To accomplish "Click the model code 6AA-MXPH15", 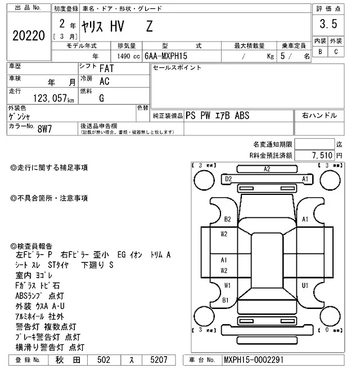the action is (x=165, y=56).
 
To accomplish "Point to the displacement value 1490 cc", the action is (x=125, y=56).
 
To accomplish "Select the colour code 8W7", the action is (x=44, y=129).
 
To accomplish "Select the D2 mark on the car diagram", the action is (x=228, y=179).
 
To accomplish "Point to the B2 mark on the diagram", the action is (x=228, y=219).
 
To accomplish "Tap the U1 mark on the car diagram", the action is (x=305, y=285).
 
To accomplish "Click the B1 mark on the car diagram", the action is (x=225, y=301).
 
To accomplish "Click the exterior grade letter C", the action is (x=336, y=52).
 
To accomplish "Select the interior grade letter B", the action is (x=320, y=52).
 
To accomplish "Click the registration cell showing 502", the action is (x=103, y=360).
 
